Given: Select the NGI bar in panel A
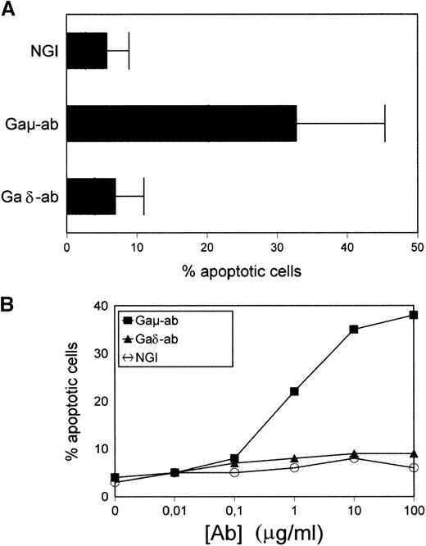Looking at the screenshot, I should (x=87, y=51).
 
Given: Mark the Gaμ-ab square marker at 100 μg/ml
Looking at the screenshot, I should (x=415, y=315).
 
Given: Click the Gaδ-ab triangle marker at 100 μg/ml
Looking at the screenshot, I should (x=415, y=453).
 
